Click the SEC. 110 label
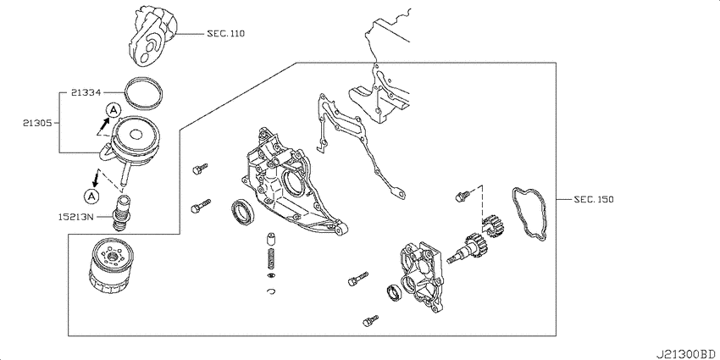point(225,34)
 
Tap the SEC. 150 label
point(593,199)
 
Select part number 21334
point(86,92)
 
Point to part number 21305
point(37,123)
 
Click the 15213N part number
point(75,215)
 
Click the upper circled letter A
point(114,110)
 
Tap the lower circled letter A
point(91,196)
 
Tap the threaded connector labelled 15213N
point(121,213)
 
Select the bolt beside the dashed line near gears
point(462,197)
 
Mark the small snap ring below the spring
point(271,291)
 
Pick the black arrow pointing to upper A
point(105,123)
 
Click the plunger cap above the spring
point(271,239)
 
